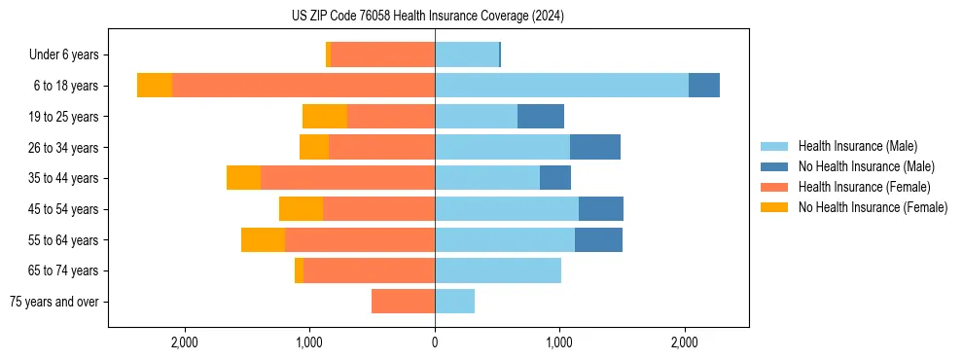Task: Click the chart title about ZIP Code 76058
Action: click(x=428, y=17)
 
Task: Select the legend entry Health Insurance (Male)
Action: click(x=857, y=146)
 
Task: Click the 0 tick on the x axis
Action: click(x=435, y=342)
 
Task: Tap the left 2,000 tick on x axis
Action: click(x=185, y=342)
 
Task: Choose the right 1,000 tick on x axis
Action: click(x=559, y=342)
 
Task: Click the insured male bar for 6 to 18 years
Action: click(x=561, y=86)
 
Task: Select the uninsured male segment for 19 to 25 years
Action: click(x=541, y=117)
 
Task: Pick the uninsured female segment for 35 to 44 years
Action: click(x=243, y=178)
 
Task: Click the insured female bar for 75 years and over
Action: click(x=403, y=302)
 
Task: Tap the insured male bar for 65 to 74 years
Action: click(x=498, y=270)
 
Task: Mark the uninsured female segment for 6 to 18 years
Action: click(x=155, y=86)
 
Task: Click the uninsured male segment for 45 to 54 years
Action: click(x=601, y=209)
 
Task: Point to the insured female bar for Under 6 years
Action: click(x=382, y=55)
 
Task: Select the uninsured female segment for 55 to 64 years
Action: click(x=263, y=240)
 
